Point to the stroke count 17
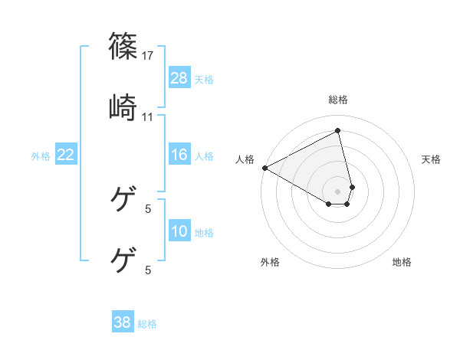(x=149, y=56)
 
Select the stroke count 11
(x=148, y=116)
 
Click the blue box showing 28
(x=179, y=77)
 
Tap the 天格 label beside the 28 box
(x=204, y=79)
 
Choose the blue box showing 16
(x=179, y=155)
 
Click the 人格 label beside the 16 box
(x=204, y=156)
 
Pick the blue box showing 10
(x=179, y=231)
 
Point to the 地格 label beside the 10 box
(x=204, y=233)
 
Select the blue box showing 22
(x=66, y=155)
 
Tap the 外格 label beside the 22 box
(x=41, y=156)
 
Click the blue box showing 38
(x=123, y=322)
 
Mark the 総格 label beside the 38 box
(x=147, y=324)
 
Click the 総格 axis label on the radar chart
(x=338, y=100)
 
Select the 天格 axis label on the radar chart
(x=431, y=159)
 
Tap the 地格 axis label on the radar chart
(x=402, y=262)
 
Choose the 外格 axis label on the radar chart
(x=270, y=262)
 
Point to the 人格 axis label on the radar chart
(x=245, y=159)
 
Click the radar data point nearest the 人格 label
(x=264, y=168)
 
